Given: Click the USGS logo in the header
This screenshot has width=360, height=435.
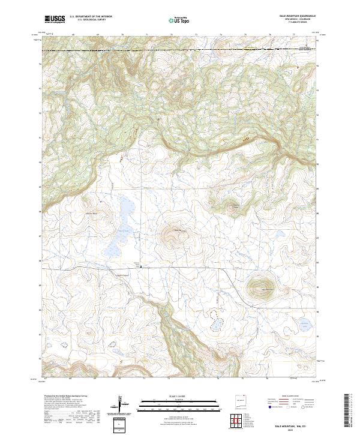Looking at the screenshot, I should click(x=55, y=19).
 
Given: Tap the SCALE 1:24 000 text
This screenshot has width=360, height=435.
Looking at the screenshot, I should click(x=179, y=395).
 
